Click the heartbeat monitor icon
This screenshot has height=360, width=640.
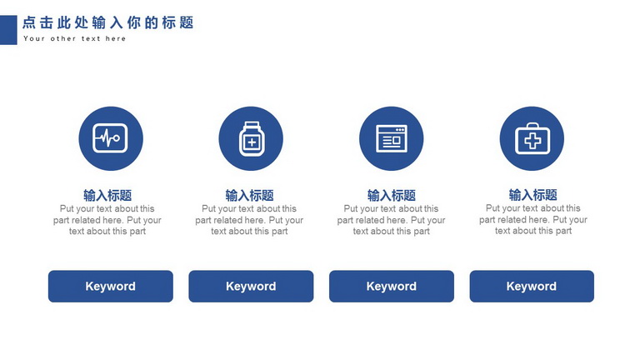pyautogui.click(x=111, y=138)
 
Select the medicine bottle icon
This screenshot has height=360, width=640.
pyautogui.click(x=251, y=138)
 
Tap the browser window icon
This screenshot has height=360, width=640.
pyautogui.click(x=392, y=138)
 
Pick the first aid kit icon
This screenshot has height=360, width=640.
pyautogui.click(x=532, y=138)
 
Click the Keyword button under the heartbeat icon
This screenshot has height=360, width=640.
pyautogui.click(x=111, y=286)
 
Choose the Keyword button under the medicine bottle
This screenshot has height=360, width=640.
pyautogui.click(x=251, y=286)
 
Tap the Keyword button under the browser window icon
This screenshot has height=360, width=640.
pyautogui.click(x=392, y=286)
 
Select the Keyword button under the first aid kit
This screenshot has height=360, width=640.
pyautogui.click(x=532, y=286)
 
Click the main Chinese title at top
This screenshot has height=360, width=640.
pyautogui.click(x=108, y=22)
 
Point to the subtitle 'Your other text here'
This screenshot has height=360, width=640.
pyautogui.click(x=75, y=39)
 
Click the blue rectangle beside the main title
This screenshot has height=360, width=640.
pyautogui.click(x=8, y=30)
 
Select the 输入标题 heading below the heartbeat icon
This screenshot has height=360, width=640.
pyautogui.click(x=107, y=195)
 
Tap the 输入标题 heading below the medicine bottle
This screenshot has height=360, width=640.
pyautogui.click(x=249, y=195)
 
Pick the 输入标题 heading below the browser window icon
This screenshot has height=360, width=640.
pyautogui.click(x=392, y=195)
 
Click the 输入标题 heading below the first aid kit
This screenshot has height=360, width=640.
pyautogui.click(x=533, y=195)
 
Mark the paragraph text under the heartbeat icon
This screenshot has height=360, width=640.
pyautogui.click(x=107, y=220)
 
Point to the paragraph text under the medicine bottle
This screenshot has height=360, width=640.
pyautogui.click(x=249, y=220)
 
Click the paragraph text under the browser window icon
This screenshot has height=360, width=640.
pyautogui.click(x=392, y=220)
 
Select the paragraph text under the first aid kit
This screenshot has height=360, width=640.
pyautogui.click(x=533, y=220)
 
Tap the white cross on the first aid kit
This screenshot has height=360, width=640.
pyautogui.click(x=532, y=141)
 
